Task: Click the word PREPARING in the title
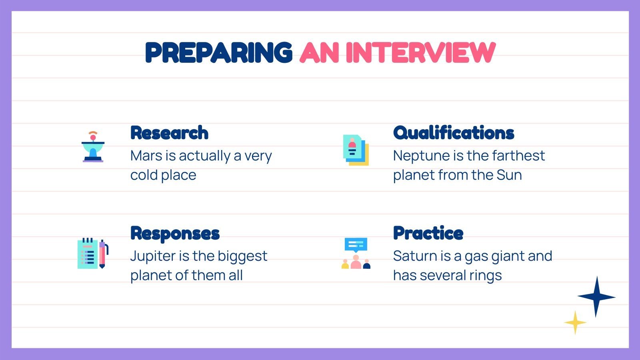[218, 53]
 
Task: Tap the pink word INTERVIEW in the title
[420, 53]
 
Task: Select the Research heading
[169, 133]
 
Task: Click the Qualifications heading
[454, 133]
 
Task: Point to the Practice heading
[428, 233]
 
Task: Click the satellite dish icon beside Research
[93, 147]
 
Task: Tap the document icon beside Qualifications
[356, 150]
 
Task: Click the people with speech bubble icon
[356, 253]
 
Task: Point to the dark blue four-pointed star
[596, 297]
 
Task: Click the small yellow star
[575, 322]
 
